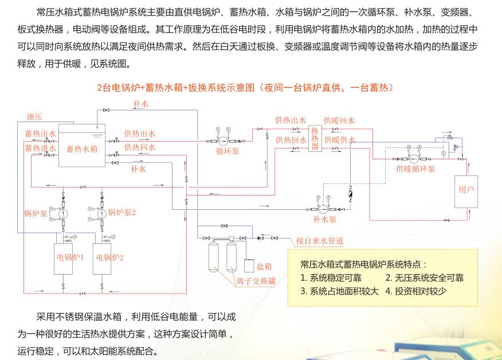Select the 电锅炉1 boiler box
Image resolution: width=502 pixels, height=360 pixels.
coord(70,257)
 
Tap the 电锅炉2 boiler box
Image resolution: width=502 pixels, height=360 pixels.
coord(109,257)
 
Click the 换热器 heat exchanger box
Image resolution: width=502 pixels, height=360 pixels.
coord(315,139)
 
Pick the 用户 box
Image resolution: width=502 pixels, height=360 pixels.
coord(466,190)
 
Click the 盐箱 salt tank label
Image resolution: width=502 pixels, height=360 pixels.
coord(264,266)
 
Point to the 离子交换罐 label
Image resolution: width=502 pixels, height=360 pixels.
coord(256,281)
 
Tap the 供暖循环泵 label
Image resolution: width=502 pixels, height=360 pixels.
coord(415,169)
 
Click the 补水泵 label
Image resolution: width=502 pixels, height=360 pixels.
coord(324,219)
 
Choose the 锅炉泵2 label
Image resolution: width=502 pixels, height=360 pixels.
coord(122,212)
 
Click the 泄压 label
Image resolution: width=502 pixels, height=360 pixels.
coord(34,117)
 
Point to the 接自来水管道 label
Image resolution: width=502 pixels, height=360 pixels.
coord(320,241)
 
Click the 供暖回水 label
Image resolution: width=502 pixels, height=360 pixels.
coord(339,120)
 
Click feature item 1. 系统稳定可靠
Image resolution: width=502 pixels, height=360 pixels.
coord(331,277)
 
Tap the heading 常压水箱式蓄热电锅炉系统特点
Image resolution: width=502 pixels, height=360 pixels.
coord(363,264)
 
